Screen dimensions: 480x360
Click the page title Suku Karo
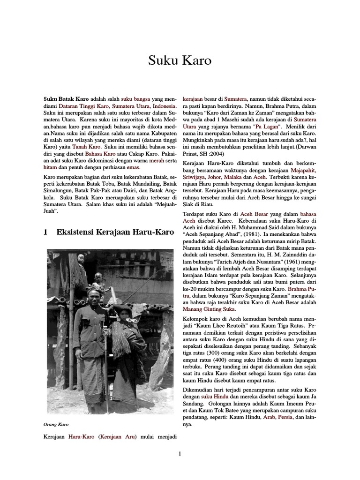180,60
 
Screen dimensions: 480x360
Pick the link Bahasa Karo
100,153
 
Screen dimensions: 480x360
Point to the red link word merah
157,160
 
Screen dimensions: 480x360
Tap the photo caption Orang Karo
56,425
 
